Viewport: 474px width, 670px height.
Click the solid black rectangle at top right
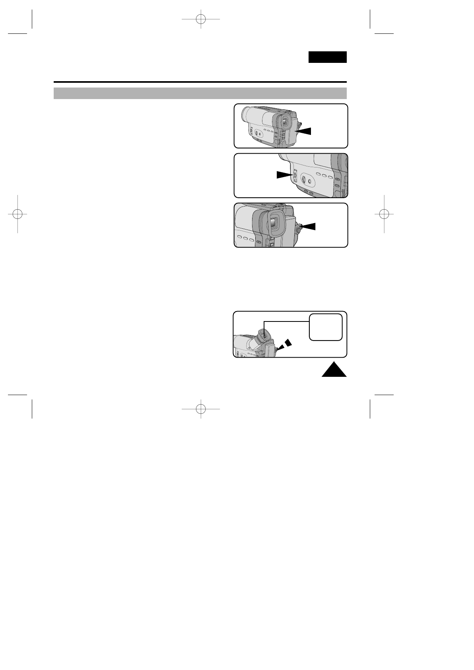coord(327,57)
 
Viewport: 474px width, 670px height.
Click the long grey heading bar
coord(200,93)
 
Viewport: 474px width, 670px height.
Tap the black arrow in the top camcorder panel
coord(304,131)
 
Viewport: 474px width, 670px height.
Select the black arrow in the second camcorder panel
coord(284,175)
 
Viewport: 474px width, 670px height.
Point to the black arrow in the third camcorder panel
coord(309,226)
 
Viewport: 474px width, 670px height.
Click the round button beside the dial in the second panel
coord(310,181)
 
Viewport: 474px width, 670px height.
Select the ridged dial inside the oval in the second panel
coord(303,180)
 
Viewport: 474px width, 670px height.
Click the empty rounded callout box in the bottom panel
coord(326,327)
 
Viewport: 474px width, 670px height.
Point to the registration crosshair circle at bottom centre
coord(201,408)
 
